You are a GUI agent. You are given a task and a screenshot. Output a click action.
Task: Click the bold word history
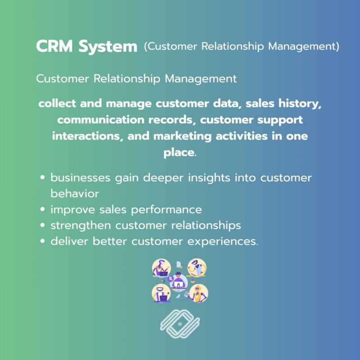click(x=297, y=103)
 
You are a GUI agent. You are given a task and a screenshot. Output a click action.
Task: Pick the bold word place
click(x=179, y=152)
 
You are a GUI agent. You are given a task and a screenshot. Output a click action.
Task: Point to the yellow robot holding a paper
click(x=198, y=293)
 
